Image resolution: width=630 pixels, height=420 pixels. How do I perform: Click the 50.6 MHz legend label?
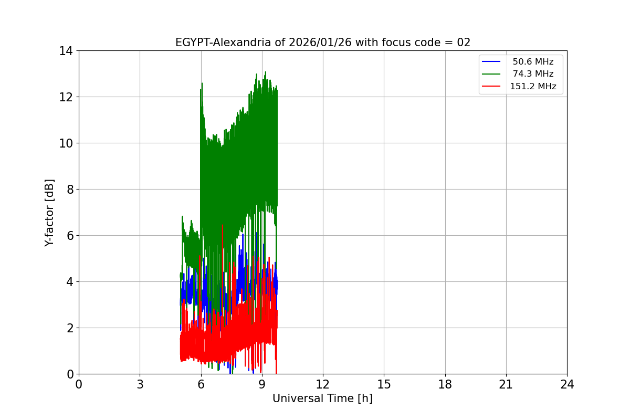tap(533, 62)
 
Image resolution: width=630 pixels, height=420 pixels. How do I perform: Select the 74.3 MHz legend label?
tap(533, 74)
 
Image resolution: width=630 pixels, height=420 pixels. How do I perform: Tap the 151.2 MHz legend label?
tap(533, 87)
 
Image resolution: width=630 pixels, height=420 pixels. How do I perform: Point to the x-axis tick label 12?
tap(323, 385)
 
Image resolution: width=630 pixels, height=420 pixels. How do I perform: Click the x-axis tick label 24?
tap(567, 385)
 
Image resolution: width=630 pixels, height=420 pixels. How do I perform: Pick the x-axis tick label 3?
tap(140, 385)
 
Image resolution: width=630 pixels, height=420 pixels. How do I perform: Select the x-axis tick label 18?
tap(445, 385)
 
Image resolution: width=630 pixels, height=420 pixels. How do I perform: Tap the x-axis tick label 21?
tap(506, 385)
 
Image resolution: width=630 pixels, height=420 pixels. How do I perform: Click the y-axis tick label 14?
tap(66, 51)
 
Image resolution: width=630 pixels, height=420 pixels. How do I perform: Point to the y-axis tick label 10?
tap(66, 143)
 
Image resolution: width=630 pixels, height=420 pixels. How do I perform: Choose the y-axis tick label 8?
tap(69, 190)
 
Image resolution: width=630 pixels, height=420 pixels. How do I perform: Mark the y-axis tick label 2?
tap(69, 328)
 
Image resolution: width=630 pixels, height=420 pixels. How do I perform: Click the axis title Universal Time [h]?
tap(322, 398)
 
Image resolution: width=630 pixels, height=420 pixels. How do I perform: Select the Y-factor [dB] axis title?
tap(49, 213)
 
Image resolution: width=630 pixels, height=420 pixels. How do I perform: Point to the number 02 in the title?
tap(464, 43)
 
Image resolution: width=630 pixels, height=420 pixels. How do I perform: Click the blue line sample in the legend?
tap(492, 62)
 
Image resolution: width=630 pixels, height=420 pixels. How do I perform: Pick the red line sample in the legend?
tap(492, 87)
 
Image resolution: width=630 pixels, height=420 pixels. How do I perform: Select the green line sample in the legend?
tap(492, 74)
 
